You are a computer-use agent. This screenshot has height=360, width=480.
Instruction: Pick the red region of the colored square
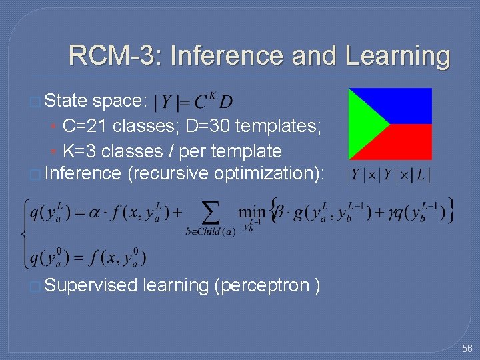click(x=407, y=143)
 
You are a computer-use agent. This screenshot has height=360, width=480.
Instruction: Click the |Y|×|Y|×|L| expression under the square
click(x=387, y=175)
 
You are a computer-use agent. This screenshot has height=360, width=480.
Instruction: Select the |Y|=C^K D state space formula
click(x=193, y=102)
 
